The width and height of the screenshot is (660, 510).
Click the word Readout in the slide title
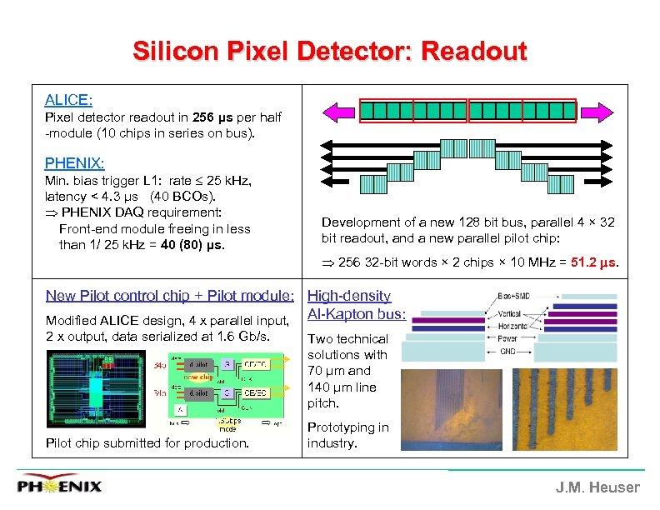point(474,52)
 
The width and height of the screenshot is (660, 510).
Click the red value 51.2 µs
point(594,262)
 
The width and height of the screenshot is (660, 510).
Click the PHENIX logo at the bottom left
point(60,486)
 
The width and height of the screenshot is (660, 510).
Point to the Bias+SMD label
point(511,296)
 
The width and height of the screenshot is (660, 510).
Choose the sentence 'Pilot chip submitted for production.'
point(147,443)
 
